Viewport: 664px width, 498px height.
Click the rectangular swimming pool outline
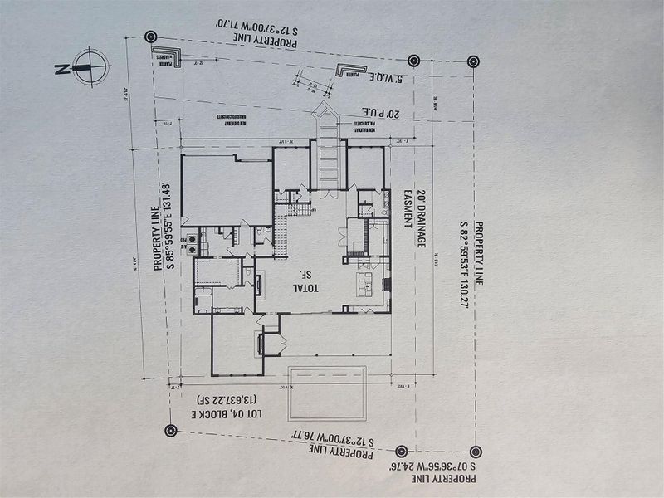327,393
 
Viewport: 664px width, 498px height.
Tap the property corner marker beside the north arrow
150,37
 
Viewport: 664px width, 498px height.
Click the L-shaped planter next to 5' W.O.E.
349,70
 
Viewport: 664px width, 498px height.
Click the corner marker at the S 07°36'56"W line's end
475,452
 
